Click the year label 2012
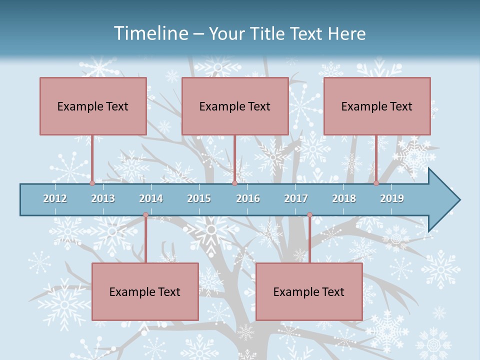click(55, 198)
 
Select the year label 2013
click(103, 198)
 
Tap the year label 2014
click(151, 198)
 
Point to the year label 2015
click(199, 198)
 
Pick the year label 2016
click(248, 198)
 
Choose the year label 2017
click(296, 198)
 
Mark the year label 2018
click(344, 198)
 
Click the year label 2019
click(392, 198)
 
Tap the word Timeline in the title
click(150, 33)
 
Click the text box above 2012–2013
click(93, 106)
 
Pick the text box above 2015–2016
click(235, 106)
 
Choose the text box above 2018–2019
click(377, 106)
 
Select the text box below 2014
click(145, 291)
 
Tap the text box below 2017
click(309, 291)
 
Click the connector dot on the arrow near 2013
click(92, 183)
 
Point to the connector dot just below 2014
click(145, 215)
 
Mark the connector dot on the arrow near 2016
click(234, 183)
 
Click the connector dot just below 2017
click(309, 215)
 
